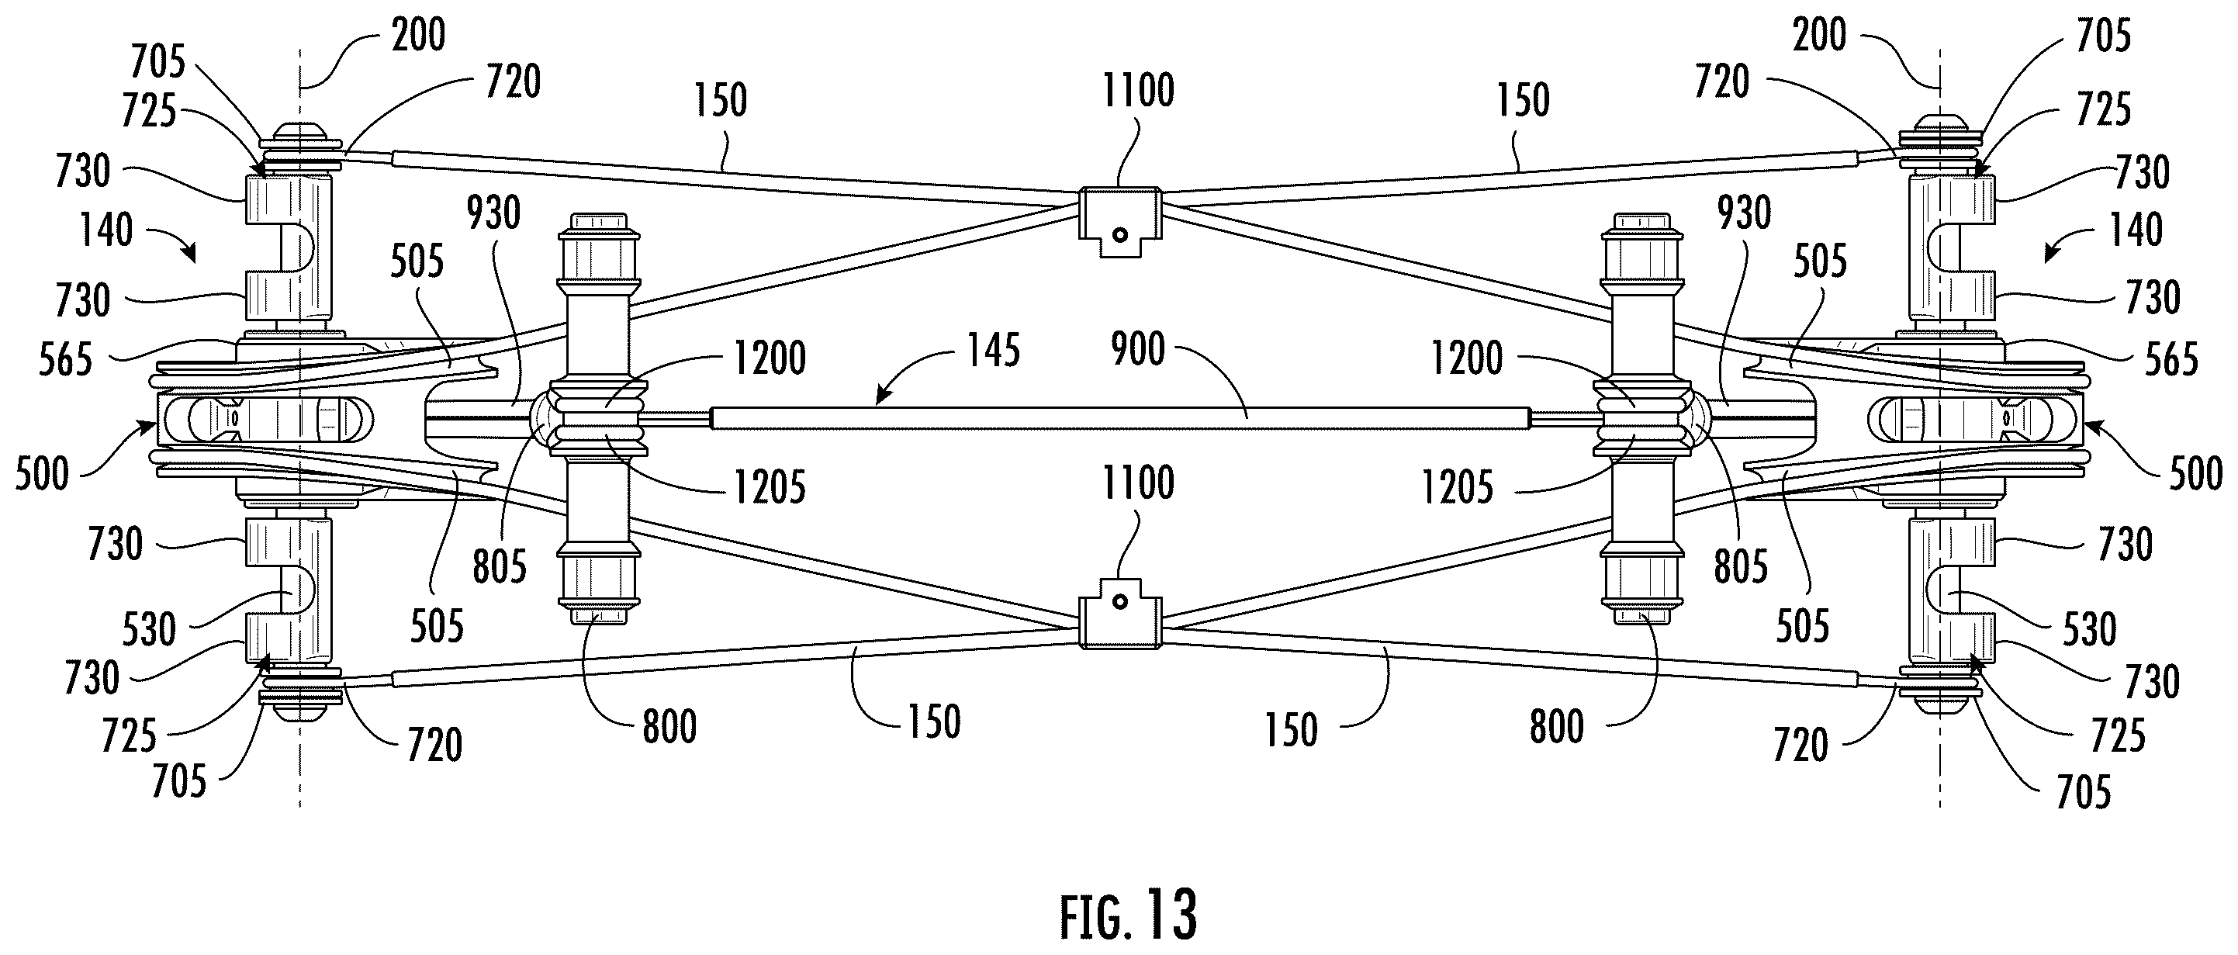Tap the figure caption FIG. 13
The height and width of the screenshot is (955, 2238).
[1129, 914]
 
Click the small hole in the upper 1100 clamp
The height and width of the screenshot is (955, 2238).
[1120, 234]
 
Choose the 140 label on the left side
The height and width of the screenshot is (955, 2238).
[107, 230]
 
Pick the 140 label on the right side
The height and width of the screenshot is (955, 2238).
[2136, 230]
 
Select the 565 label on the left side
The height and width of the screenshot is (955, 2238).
[65, 359]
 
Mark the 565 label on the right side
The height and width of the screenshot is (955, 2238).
[2171, 359]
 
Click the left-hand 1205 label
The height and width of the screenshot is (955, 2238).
[770, 486]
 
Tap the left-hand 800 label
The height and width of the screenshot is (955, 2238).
[669, 726]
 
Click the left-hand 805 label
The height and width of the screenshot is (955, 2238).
[500, 566]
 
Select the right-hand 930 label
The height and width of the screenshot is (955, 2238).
[1745, 213]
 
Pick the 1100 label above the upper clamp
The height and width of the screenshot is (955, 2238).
[1138, 90]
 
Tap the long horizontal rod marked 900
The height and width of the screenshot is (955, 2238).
[1120, 418]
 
